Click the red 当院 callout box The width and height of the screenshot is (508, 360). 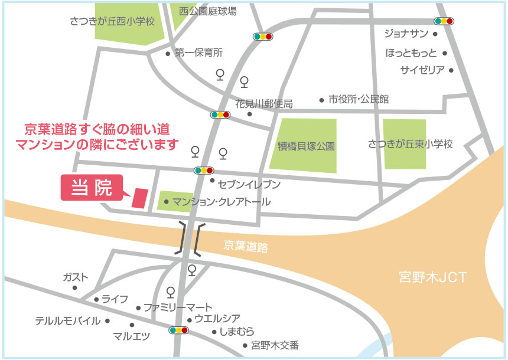point(91,187)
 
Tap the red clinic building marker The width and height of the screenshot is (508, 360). point(140,198)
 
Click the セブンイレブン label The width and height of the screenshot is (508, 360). point(249,184)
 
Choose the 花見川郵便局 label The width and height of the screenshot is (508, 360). point(263,103)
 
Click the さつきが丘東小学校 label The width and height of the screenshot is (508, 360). point(410,143)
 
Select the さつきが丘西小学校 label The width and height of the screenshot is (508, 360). point(112,21)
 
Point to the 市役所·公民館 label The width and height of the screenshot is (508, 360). point(359,99)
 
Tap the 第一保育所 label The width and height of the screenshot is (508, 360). point(198,53)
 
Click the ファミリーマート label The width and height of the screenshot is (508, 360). point(178,307)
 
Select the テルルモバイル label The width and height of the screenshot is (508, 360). point(67,321)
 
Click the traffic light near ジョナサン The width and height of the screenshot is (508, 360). point(444,21)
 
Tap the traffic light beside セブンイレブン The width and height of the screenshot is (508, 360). point(203,171)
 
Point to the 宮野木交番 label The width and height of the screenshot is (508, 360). point(275,345)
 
